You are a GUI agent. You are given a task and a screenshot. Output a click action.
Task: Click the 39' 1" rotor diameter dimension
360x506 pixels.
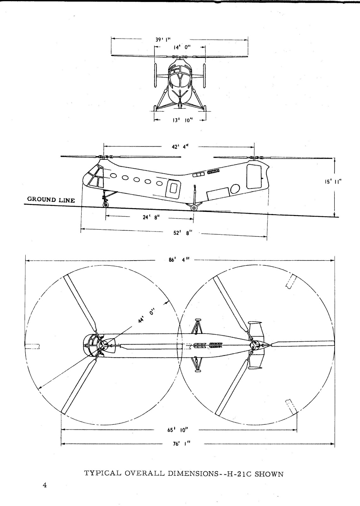[x=163, y=40]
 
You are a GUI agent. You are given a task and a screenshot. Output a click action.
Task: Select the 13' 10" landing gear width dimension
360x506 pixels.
[x=181, y=120]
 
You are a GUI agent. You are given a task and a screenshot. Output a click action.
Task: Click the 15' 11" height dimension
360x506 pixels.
[x=333, y=182]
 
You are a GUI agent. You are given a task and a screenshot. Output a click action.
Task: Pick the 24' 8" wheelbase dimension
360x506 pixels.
[x=151, y=218]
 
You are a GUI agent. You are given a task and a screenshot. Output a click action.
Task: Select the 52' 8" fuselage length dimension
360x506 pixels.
[x=183, y=232]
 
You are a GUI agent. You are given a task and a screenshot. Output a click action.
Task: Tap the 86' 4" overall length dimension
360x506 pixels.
[x=180, y=260]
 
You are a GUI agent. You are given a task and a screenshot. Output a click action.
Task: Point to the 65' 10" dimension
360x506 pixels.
[x=178, y=430]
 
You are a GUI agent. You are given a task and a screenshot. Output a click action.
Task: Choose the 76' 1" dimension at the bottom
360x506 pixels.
[x=181, y=444]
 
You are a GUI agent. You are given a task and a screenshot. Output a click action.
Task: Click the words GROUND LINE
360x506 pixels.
[x=51, y=200]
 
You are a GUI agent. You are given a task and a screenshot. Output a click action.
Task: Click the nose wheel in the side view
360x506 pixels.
[x=105, y=205]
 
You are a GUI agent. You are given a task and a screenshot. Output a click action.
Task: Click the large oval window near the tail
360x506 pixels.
[x=235, y=188]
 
